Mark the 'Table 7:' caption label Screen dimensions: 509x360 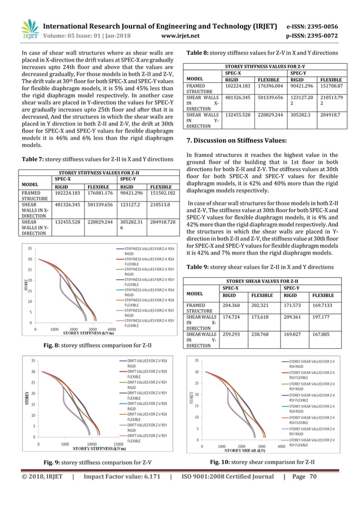pos(30,159)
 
